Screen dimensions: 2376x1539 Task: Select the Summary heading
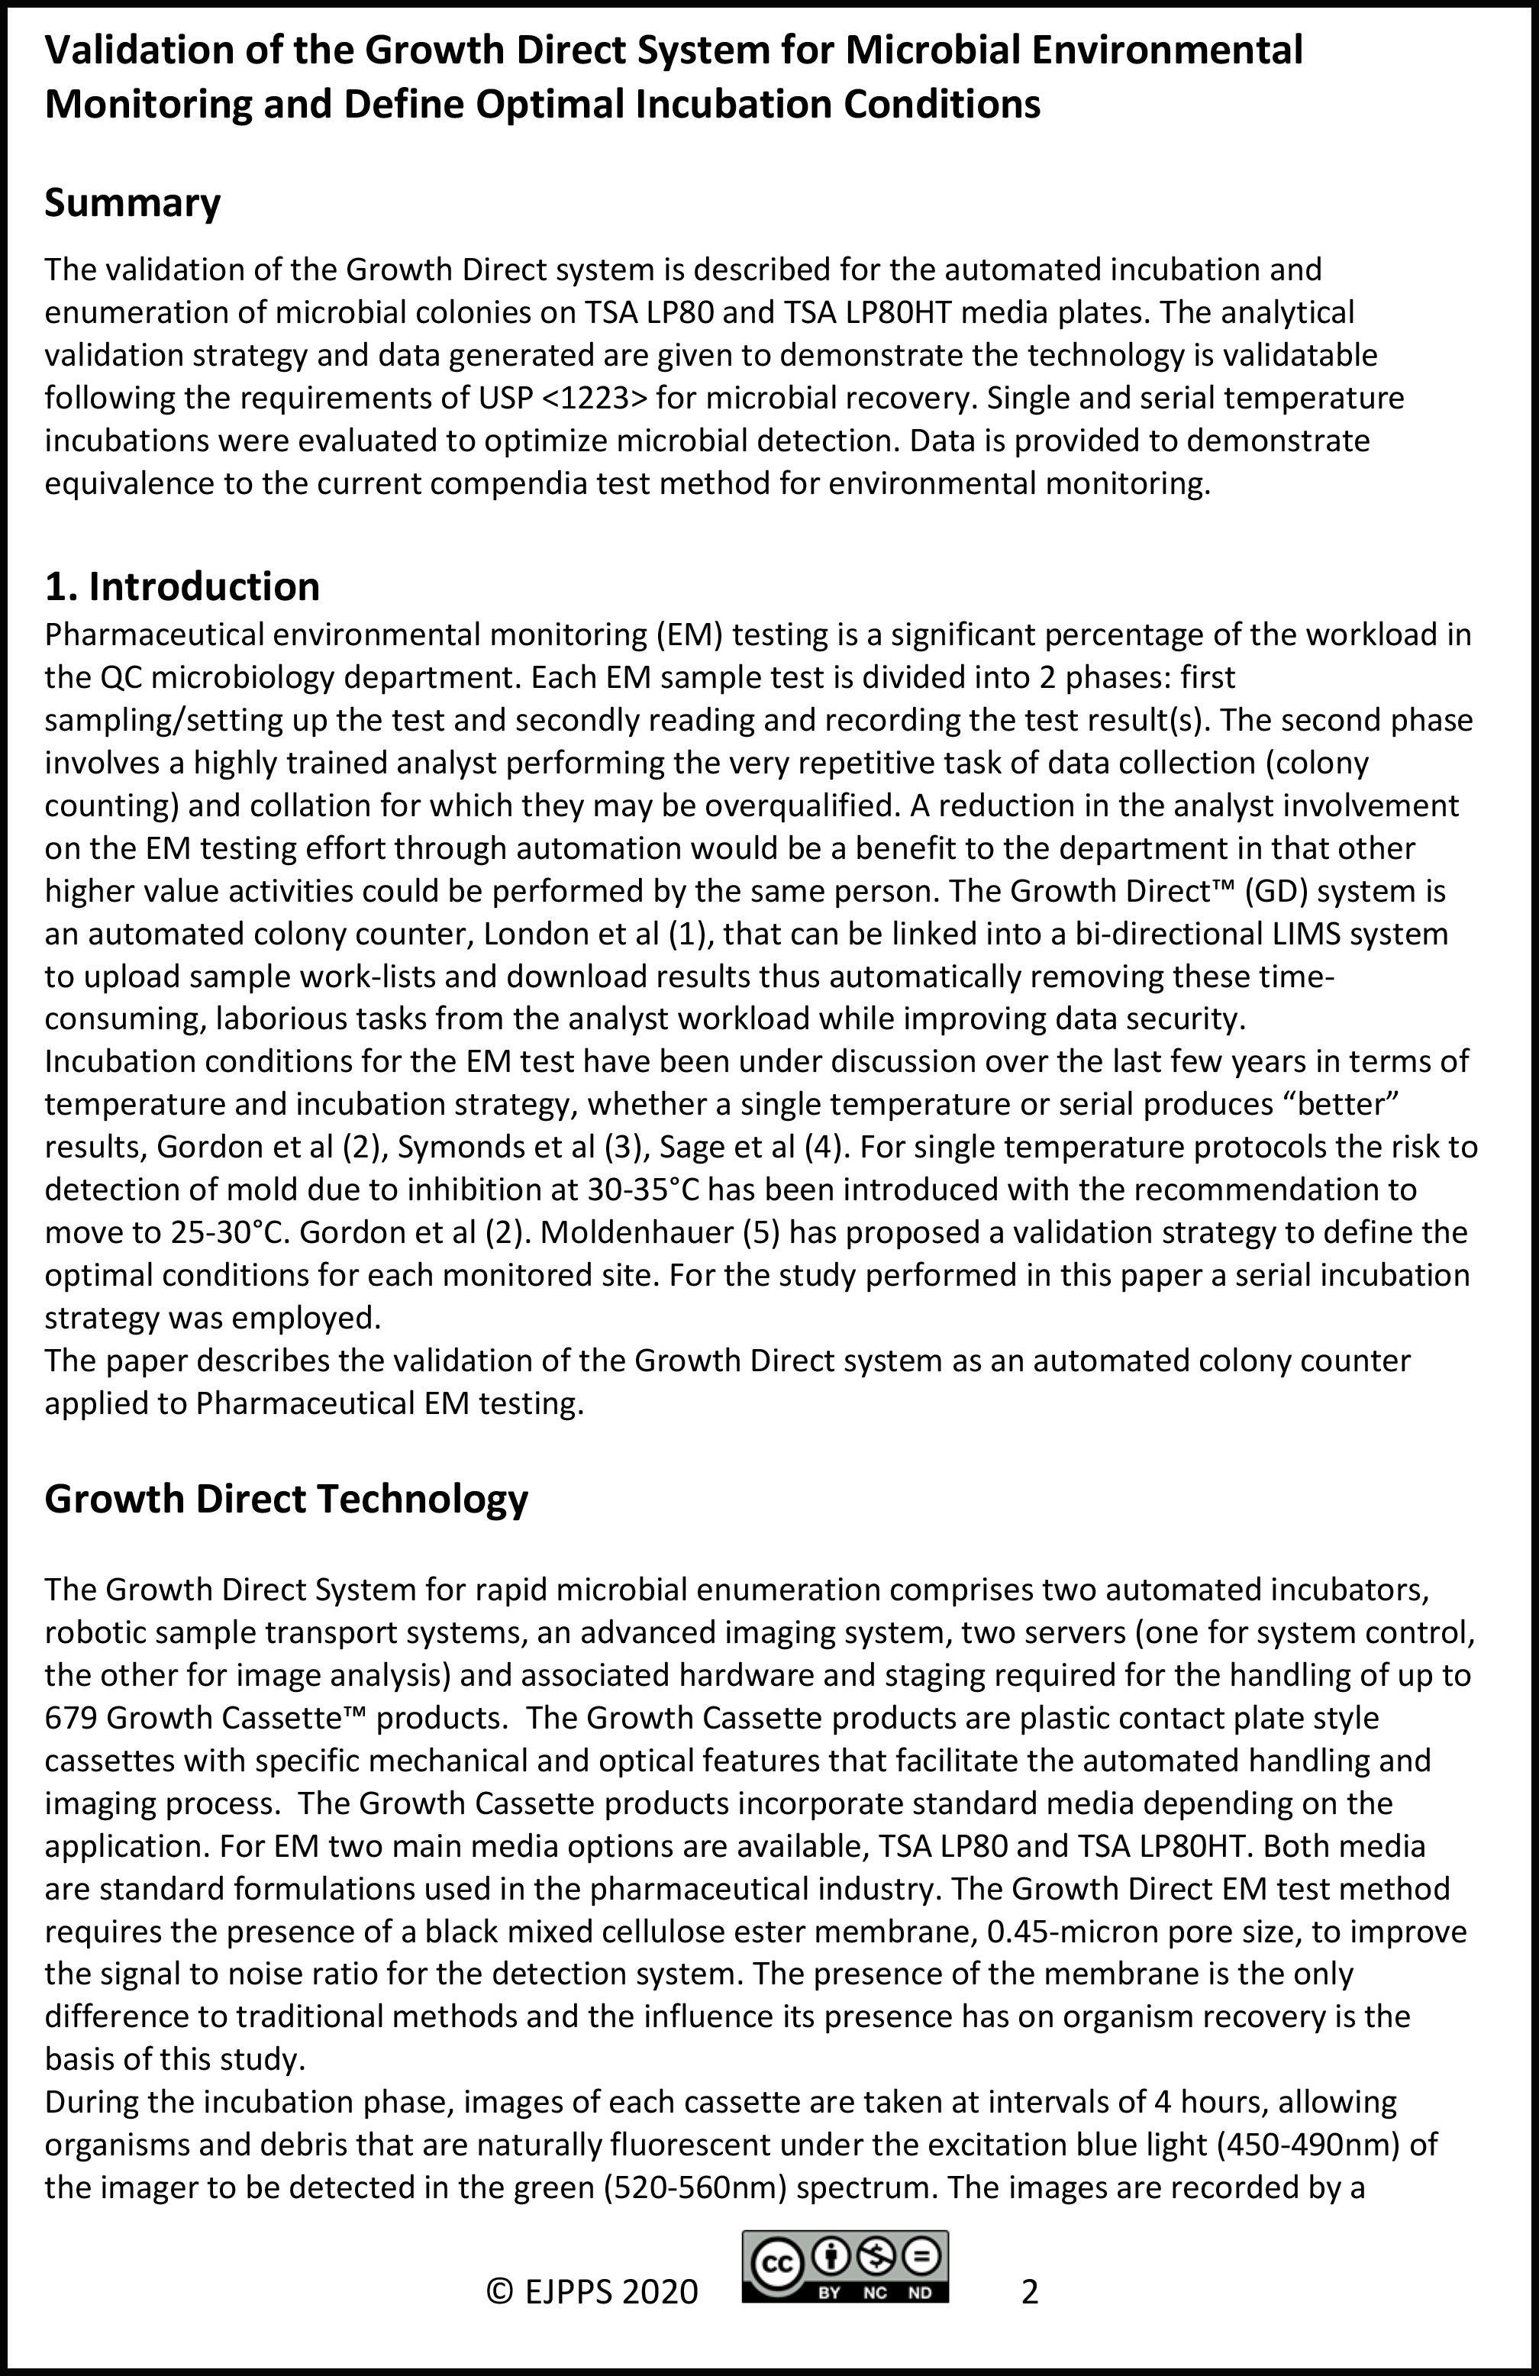pos(133,204)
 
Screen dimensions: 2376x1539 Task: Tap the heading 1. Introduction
pos(182,587)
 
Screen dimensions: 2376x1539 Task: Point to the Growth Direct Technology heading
pos(286,1499)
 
